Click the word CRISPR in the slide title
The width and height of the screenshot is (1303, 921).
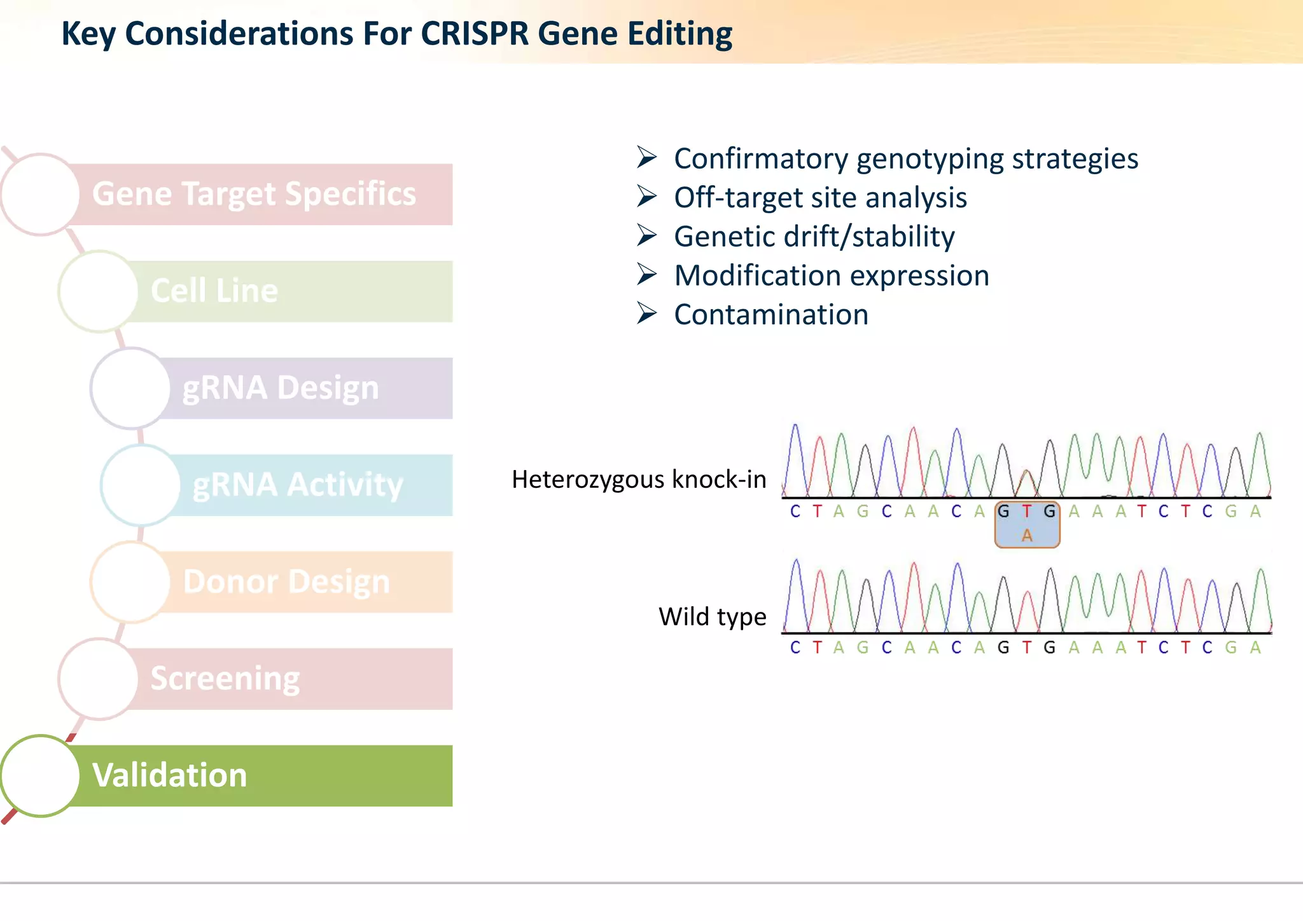(x=474, y=34)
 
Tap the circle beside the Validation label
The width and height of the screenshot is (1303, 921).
(x=40, y=775)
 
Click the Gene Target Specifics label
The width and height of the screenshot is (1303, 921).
(x=254, y=194)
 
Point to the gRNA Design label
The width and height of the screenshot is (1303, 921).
(x=281, y=388)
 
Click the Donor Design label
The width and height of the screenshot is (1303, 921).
(x=286, y=582)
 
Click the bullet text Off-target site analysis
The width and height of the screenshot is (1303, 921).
(x=820, y=198)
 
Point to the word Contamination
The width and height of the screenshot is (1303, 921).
(x=771, y=315)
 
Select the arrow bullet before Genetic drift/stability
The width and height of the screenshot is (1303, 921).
(x=646, y=235)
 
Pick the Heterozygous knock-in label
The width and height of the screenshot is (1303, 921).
(x=639, y=480)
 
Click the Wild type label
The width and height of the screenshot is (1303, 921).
(x=712, y=617)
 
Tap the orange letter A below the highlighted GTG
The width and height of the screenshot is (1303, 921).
(x=1027, y=536)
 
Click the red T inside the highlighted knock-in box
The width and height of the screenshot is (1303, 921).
(x=1026, y=511)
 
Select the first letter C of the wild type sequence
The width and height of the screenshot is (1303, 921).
(x=795, y=647)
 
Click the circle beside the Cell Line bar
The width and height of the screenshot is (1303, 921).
(x=98, y=291)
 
